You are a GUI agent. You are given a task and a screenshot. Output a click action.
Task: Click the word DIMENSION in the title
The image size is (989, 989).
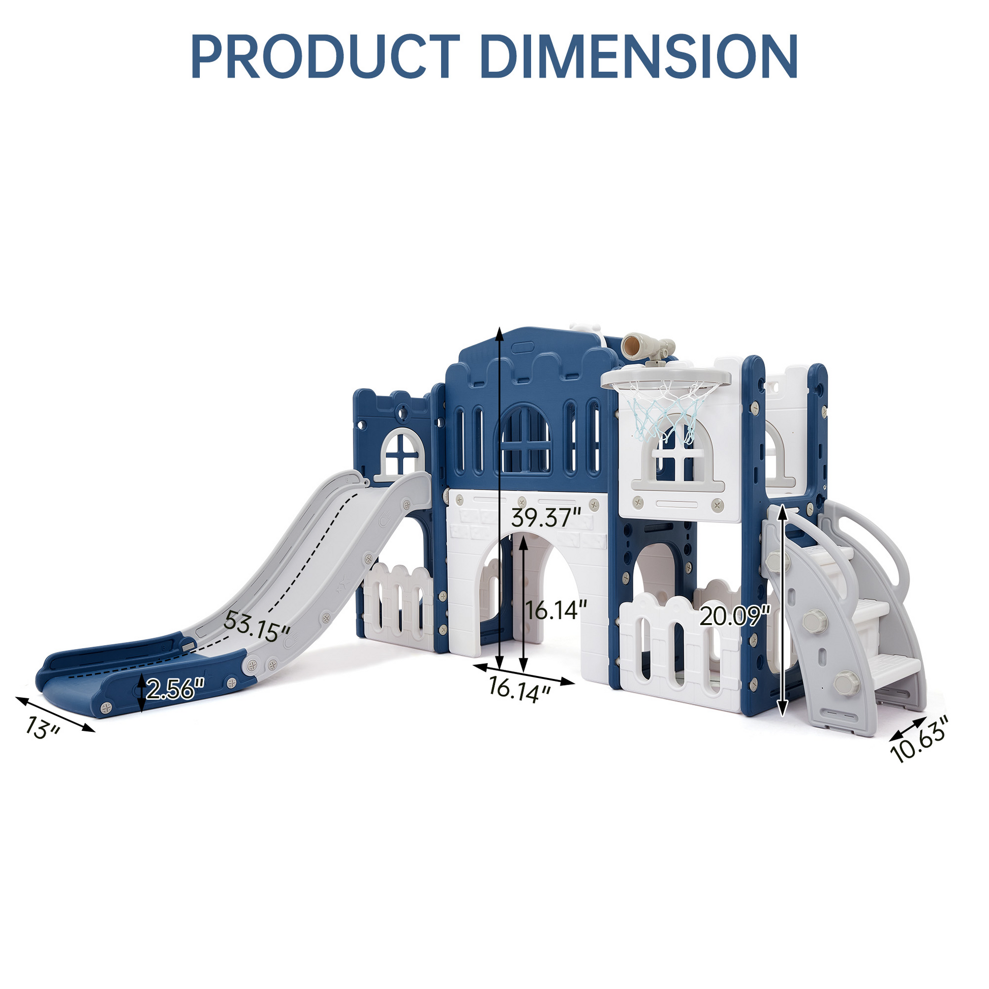pyautogui.click(x=639, y=56)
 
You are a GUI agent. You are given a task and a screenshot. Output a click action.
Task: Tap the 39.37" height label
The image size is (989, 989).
pyautogui.click(x=547, y=518)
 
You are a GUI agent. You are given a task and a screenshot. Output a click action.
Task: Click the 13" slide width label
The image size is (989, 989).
pyautogui.click(x=43, y=728)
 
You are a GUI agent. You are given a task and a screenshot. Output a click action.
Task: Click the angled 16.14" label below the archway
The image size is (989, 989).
pyautogui.click(x=519, y=689)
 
